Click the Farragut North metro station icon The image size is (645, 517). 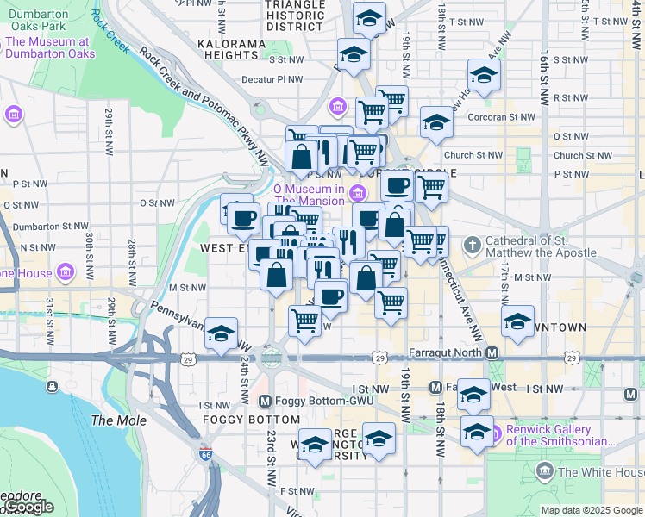pyautogui.click(x=492, y=352)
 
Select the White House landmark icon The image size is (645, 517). pyautogui.click(x=544, y=471)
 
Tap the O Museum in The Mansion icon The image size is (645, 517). pyautogui.click(x=357, y=190)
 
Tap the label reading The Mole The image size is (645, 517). pyautogui.click(x=113, y=420)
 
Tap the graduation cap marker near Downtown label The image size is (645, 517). pyautogui.click(x=518, y=322)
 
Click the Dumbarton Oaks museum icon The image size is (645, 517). pyautogui.click(x=14, y=115)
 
